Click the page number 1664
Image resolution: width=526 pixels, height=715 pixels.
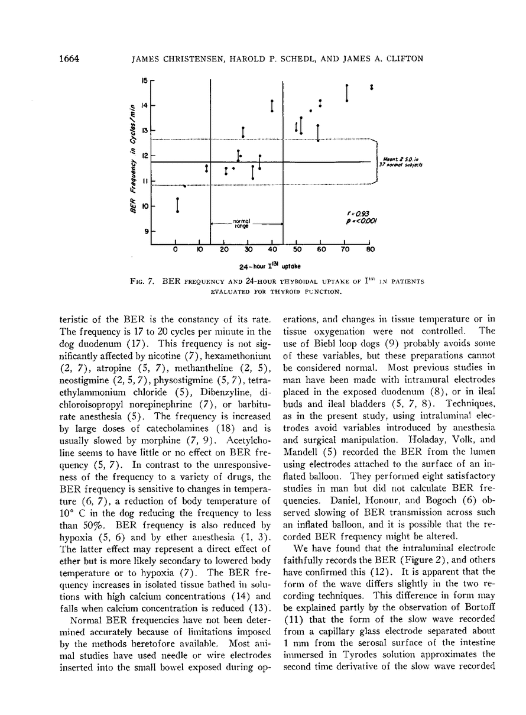[x=69, y=58]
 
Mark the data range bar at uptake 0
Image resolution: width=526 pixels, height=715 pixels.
[x=177, y=205]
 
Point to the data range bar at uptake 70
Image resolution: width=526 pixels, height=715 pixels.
[x=347, y=93]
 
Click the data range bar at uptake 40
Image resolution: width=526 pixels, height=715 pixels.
[x=272, y=106]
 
